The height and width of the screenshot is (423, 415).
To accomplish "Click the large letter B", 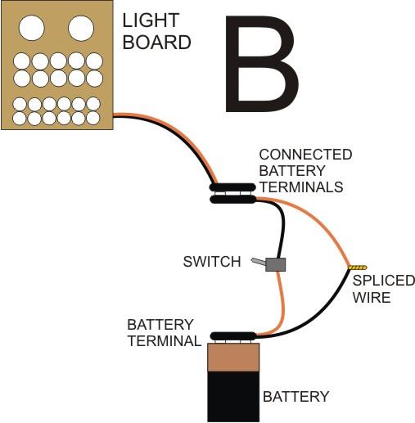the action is pyautogui.click(x=261, y=64).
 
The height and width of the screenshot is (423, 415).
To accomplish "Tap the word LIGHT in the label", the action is pyautogui.click(x=151, y=20).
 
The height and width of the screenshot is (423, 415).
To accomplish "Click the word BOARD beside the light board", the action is pyautogui.click(x=156, y=42).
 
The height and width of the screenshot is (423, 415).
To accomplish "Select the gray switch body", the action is pyautogui.click(x=276, y=264).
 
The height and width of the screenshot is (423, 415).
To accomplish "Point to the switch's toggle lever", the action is pyautogui.click(x=259, y=261).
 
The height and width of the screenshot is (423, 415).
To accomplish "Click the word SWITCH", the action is pyautogui.click(x=212, y=262).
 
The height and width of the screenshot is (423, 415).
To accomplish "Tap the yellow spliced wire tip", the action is pyautogui.click(x=358, y=268).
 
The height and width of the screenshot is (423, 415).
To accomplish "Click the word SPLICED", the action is pyautogui.click(x=384, y=281).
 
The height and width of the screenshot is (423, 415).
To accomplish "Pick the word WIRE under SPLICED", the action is pyautogui.click(x=372, y=297).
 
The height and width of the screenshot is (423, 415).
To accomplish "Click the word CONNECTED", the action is pyautogui.click(x=305, y=155).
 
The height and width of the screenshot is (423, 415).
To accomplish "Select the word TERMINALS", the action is pyautogui.click(x=301, y=187).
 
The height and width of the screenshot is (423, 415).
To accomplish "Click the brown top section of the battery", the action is pyautogui.click(x=233, y=358).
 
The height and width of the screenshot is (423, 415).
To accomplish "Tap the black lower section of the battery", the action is pyautogui.click(x=233, y=397).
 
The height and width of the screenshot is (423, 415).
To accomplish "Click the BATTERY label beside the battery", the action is pyautogui.click(x=296, y=397).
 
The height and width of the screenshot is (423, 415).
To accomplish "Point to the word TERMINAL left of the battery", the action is pyautogui.click(x=165, y=341).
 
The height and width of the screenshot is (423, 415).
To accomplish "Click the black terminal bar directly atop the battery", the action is pyautogui.click(x=233, y=335).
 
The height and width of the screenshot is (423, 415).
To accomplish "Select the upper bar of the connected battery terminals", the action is pyautogui.click(x=232, y=187).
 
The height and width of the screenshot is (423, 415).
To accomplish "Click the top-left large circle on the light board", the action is pyautogui.click(x=32, y=28).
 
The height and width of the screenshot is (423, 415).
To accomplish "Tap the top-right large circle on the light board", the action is pyautogui.click(x=81, y=28).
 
